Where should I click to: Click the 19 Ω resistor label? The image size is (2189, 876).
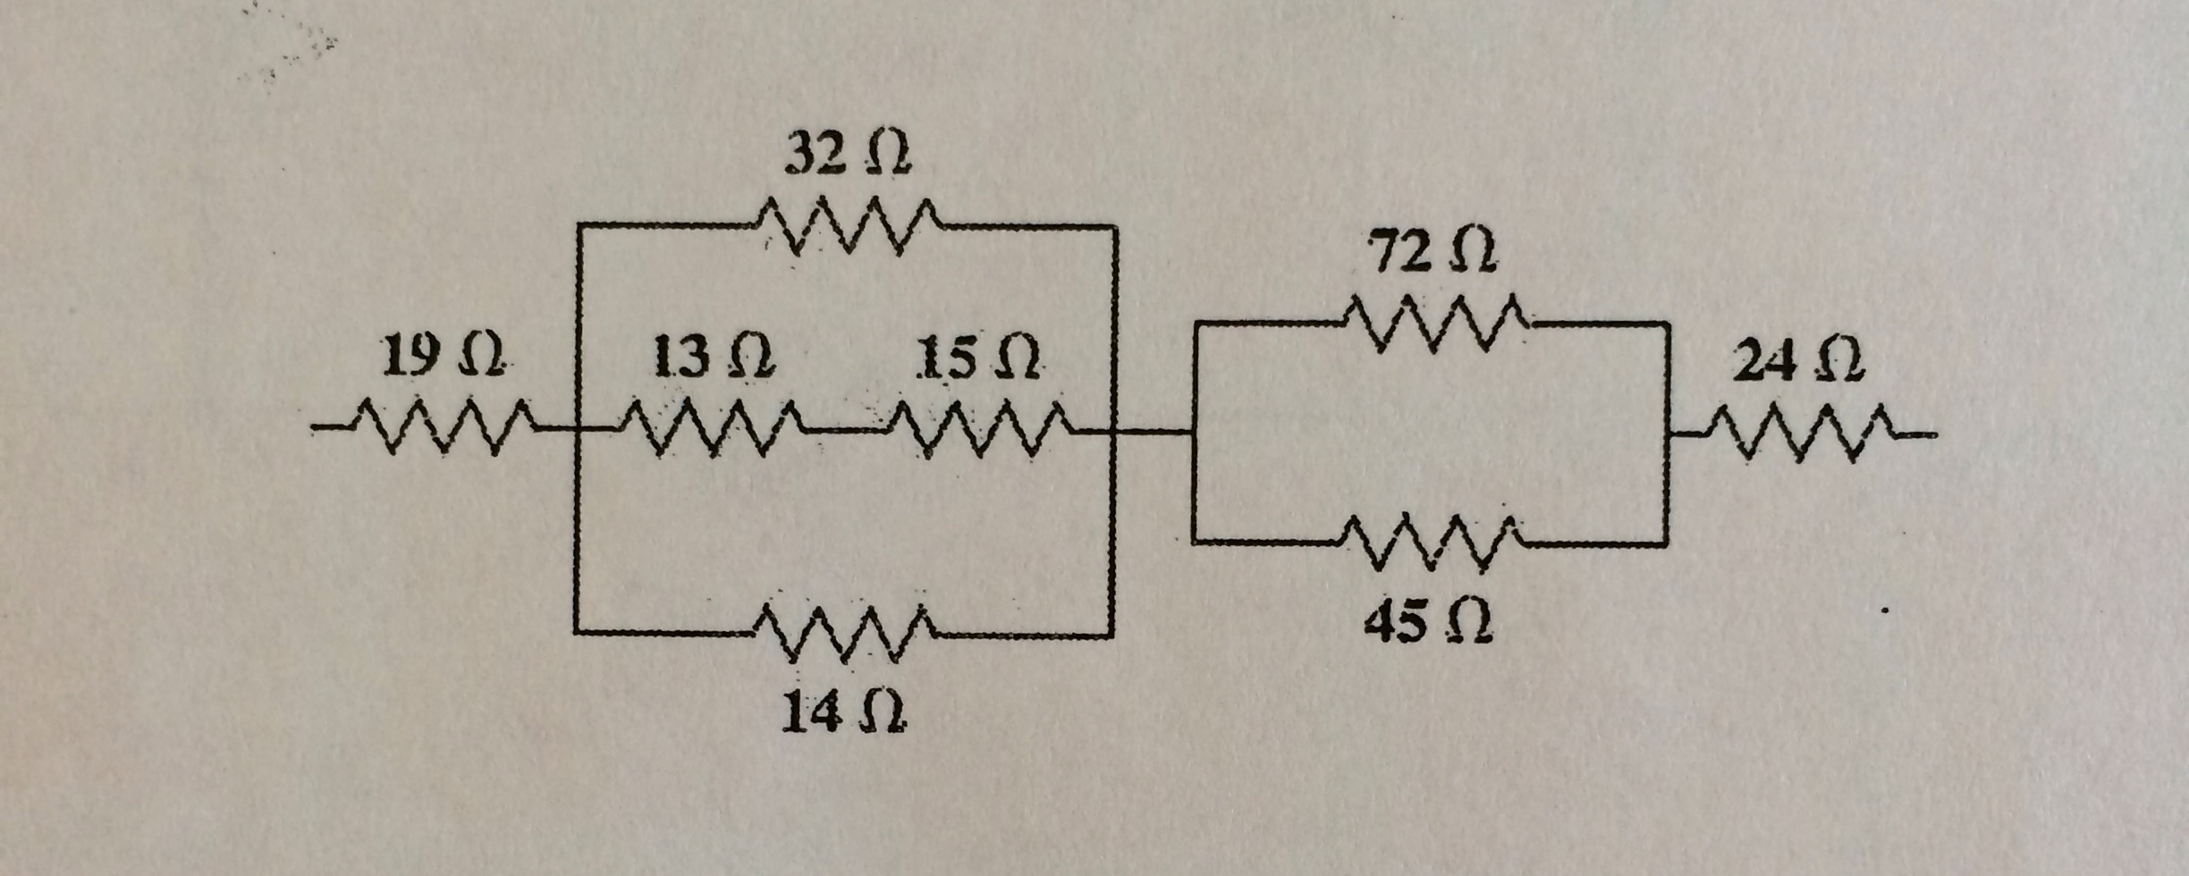pyautogui.click(x=441, y=358)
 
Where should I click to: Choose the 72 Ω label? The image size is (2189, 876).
pyautogui.click(x=1434, y=255)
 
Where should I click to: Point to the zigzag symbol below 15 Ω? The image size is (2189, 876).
pyautogui.click(x=979, y=431)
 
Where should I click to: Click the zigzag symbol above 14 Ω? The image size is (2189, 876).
pyautogui.click(x=845, y=635)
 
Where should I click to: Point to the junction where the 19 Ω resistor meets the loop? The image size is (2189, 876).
pyautogui.click(x=578, y=431)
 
